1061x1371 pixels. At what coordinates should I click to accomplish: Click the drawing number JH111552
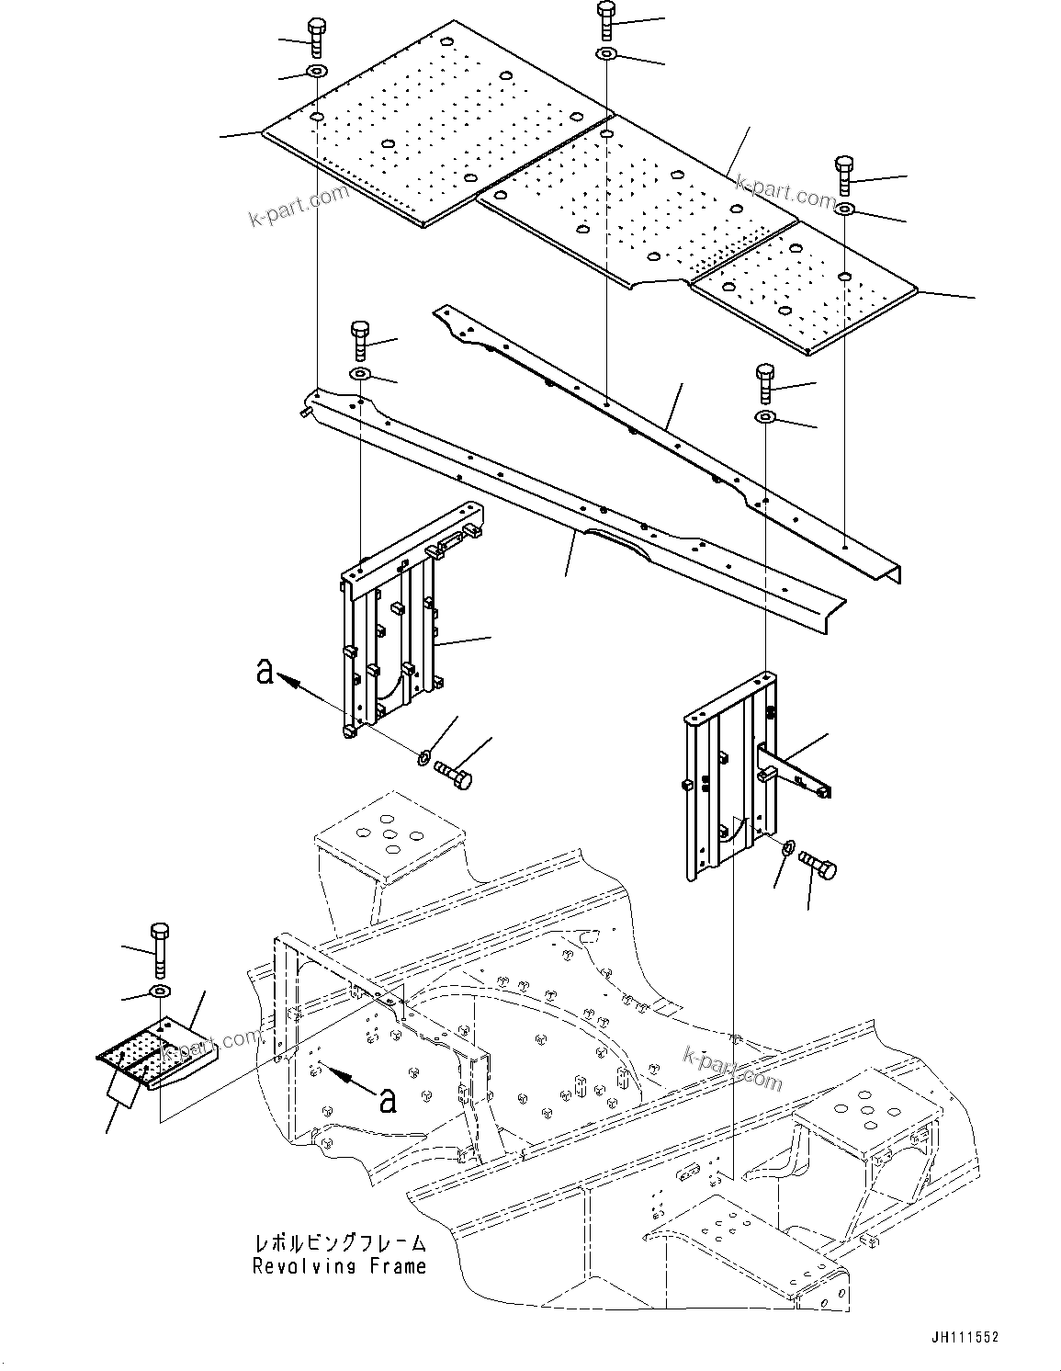click(961, 1338)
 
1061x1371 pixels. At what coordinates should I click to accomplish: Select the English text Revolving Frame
click(339, 1266)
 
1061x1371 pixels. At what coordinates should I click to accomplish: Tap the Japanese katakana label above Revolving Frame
click(339, 1243)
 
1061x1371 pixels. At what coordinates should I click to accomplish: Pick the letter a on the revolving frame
click(389, 1099)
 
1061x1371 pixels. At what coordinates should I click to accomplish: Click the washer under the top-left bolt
click(316, 72)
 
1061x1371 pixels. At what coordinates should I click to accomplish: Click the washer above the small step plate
click(160, 991)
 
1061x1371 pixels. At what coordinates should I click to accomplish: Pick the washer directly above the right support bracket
click(764, 418)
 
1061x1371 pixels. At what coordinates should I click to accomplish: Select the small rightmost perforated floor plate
click(804, 285)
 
